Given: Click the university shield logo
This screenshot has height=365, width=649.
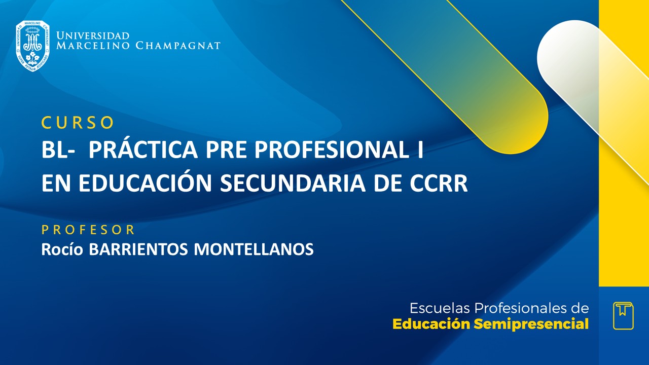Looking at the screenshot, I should pos(32,46).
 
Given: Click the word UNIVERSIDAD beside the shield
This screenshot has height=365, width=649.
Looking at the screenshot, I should pos(93,36).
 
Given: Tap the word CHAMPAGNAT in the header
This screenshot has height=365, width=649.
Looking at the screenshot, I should pos(178,46).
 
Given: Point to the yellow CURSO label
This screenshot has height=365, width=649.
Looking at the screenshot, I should pos(78,123).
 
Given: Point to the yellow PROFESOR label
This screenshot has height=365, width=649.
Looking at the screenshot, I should pos(88,230).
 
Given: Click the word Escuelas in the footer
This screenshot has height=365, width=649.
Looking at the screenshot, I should pos(440,308).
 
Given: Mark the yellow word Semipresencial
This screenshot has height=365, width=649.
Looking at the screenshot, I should pos(531,324).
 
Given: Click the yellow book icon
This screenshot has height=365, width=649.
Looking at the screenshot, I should pos(623,316).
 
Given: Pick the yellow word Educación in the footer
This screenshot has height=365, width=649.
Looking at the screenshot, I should pos(431,324).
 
